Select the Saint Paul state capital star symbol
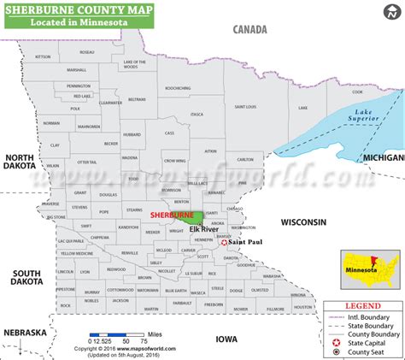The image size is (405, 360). [224, 243]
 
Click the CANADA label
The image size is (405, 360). [254, 29]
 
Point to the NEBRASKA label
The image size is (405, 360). [23, 332]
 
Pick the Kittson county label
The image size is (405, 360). [44, 56]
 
